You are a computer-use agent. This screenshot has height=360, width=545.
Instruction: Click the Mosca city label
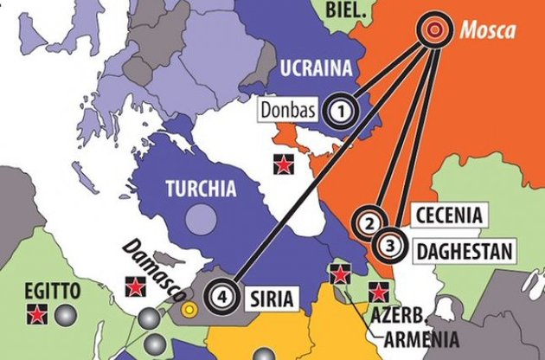tap(488, 32)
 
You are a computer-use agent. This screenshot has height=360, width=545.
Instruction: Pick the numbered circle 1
tap(342, 110)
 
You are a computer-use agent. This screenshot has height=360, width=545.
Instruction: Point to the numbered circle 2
tap(370, 222)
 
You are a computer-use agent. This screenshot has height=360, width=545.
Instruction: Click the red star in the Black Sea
tap(279, 161)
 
